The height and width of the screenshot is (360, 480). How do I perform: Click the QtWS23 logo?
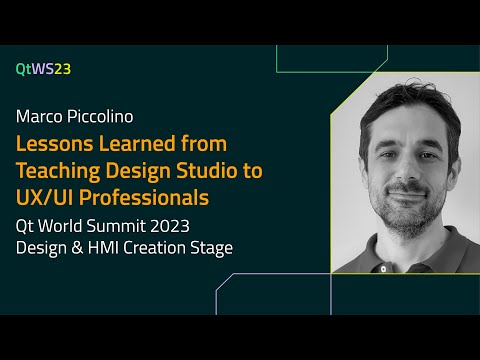tap(43, 69)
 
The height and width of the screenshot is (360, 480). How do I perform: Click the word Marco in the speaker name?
tap(38, 118)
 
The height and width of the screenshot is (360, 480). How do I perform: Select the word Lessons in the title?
tap(53, 144)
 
